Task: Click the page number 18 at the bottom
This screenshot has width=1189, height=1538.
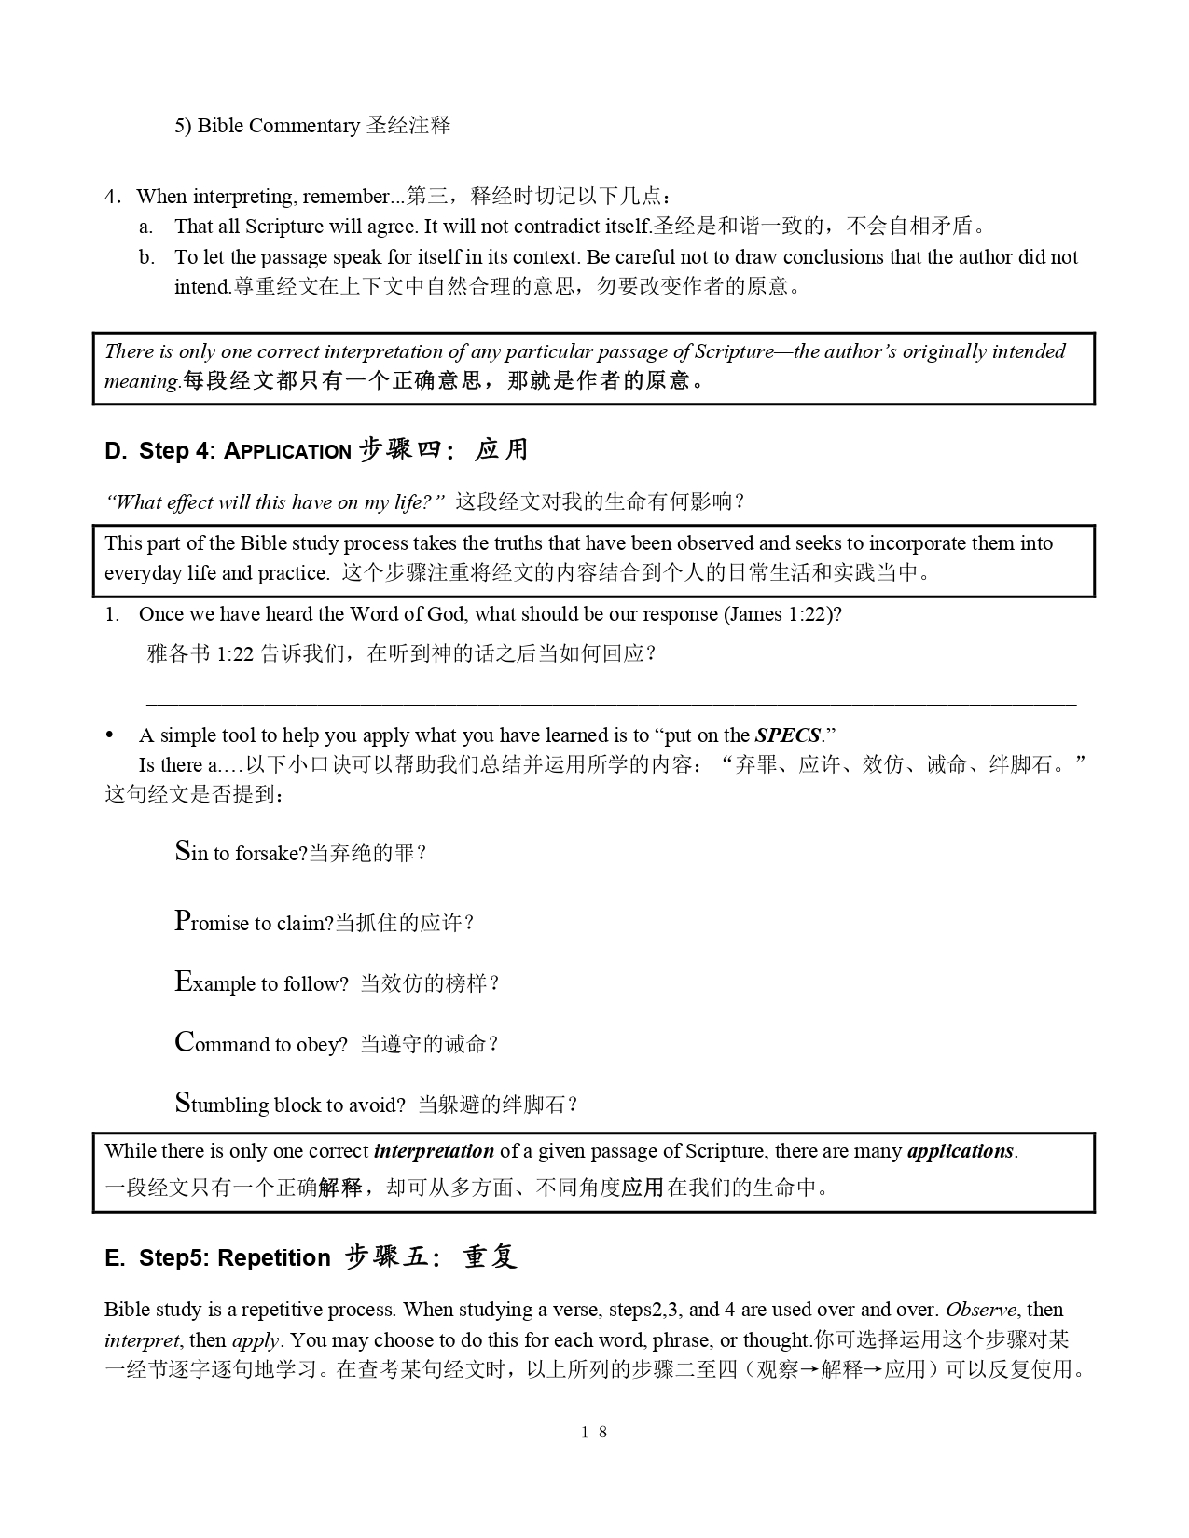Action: click(594, 1432)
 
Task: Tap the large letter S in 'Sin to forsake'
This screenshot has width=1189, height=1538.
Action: click(183, 850)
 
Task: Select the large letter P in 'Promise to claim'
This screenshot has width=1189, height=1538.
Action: click(183, 921)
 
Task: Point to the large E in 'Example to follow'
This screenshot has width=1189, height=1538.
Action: click(183, 982)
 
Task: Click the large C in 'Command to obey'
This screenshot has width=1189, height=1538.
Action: click(184, 1042)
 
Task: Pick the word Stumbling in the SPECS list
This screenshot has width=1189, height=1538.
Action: click(222, 1104)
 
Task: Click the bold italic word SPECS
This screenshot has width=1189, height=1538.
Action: click(788, 735)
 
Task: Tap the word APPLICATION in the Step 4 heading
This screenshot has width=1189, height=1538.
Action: click(288, 452)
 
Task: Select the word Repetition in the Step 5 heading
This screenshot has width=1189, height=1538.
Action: click(274, 1258)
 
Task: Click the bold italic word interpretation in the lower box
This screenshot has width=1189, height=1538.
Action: click(434, 1151)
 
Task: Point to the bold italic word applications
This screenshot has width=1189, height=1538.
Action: click(960, 1151)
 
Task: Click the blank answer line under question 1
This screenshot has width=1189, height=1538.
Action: click(611, 703)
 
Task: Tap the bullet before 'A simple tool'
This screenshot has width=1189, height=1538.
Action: click(110, 735)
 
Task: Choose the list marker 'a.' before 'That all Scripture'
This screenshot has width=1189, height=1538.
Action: click(146, 227)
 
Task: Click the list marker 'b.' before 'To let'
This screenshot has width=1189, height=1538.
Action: click(146, 257)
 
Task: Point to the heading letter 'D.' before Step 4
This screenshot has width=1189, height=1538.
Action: click(116, 451)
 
